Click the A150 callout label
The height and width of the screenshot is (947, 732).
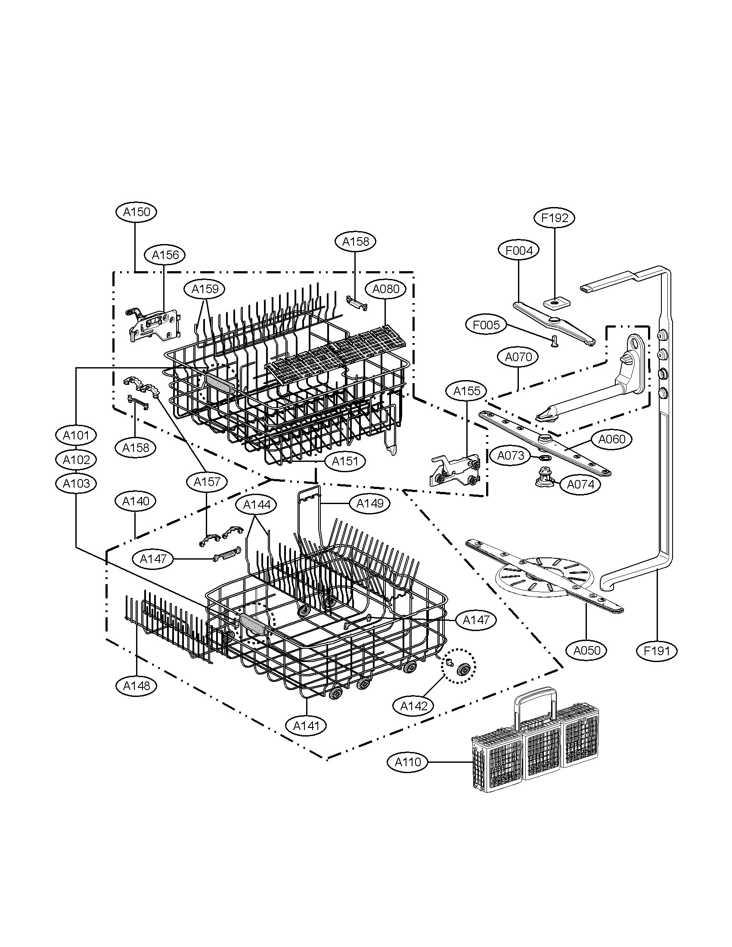tap(136, 212)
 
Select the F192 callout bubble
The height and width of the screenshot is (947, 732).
tap(555, 218)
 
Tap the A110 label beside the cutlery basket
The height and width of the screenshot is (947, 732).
tap(408, 762)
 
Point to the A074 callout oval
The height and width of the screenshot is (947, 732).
tap(581, 484)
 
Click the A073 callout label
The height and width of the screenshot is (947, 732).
tap(510, 455)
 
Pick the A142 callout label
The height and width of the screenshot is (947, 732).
tap(414, 706)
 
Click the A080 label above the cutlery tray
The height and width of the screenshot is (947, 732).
tap(385, 289)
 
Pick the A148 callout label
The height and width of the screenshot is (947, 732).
tap(136, 686)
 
